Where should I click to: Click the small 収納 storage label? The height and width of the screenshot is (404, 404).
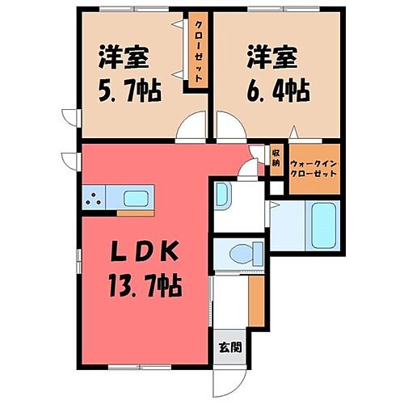(276, 157)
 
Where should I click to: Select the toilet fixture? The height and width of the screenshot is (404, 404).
(243, 253)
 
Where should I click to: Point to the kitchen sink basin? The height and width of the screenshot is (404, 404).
(135, 198)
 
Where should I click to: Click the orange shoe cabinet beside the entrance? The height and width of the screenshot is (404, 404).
(255, 299)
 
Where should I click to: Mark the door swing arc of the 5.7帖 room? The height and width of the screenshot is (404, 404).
(191, 129)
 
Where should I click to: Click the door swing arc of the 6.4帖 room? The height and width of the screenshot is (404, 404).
(229, 129)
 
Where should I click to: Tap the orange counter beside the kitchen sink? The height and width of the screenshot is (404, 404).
(135, 213)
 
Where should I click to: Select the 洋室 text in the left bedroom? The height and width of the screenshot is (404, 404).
(124, 58)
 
